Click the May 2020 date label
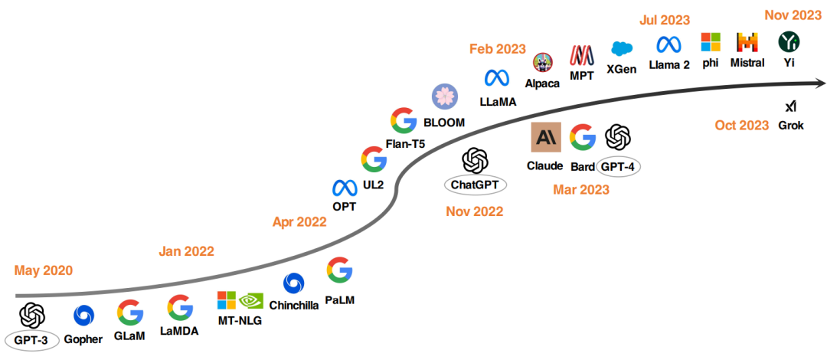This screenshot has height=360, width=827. (x=43, y=270)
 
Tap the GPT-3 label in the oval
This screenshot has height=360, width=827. (x=31, y=339)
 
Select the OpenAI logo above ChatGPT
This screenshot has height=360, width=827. (x=475, y=161)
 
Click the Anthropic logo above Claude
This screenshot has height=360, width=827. (x=546, y=137)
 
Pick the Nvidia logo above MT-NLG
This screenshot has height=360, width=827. (x=251, y=301)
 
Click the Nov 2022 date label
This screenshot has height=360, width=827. (x=475, y=211)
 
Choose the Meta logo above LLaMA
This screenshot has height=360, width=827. (x=497, y=77)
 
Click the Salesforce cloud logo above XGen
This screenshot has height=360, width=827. (x=622, y=48)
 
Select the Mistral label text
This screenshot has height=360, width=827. (x=747, y=63)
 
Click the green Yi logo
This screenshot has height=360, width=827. (x=789, y=41)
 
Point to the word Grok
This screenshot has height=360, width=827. (x=791, y=126)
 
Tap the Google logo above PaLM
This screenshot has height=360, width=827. (x=339, y=270)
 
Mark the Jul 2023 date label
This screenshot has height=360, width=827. (x=664, y=20)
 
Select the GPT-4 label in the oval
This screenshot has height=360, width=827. (x=618, y=165)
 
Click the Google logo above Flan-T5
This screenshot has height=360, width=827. (x=403, y=121)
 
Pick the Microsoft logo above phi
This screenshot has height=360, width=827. (x=711, y=42)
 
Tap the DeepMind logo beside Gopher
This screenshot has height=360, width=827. (x=83, y=315)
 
